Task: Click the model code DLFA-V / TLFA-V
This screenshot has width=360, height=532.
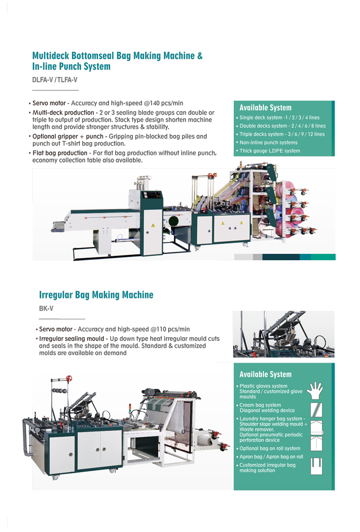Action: point(55,80)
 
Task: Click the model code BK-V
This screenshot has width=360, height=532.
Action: point(46,309)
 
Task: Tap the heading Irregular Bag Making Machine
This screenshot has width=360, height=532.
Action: point(96,295)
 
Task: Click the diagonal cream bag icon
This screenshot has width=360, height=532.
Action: point(317,410)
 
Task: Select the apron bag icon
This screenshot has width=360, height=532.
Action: point(317,466)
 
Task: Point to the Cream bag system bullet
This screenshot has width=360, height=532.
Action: point(267,408)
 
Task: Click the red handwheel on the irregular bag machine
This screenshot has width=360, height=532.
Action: point(69,378)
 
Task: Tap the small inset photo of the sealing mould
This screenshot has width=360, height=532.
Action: point(284,334)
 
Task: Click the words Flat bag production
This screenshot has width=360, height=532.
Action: point(60,153)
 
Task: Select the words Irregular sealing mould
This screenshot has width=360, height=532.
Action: point(72,339)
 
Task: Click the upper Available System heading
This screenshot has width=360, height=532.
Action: point(265,107)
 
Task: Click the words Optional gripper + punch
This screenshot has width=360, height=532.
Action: point(68,136)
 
